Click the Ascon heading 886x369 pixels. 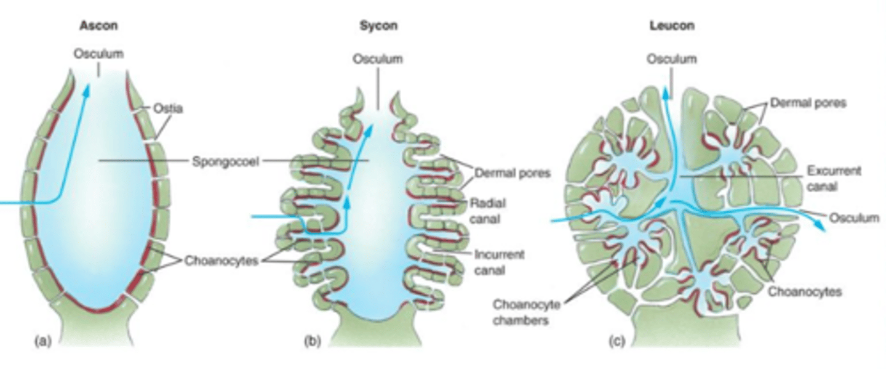98,26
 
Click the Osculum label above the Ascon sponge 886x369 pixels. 98,54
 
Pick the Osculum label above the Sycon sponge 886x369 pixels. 377,59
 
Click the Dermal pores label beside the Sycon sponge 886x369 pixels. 513,174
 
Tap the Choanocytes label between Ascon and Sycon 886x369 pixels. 221,261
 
